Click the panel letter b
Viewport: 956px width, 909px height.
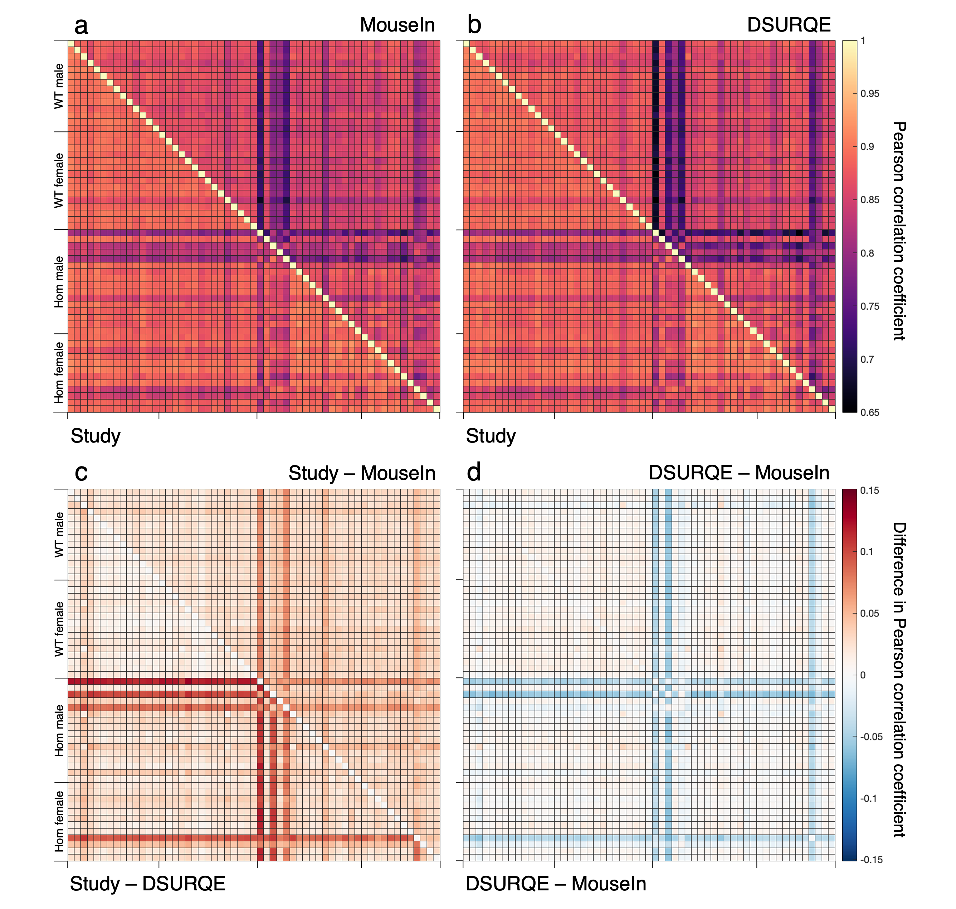[474, 25]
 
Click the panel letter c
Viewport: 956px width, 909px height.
[81, 473]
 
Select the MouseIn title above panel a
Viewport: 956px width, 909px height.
[397, 25]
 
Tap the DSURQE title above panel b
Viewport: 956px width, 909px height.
[789, 25]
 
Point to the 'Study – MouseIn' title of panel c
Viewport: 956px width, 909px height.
[362, 473]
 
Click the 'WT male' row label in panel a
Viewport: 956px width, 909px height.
[59, 86]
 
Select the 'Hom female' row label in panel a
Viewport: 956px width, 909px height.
[59, 372]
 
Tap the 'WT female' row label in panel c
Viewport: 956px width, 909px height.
[59, 629]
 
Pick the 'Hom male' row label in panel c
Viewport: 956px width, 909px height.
[59, 730]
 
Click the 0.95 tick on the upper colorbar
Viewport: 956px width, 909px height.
[869, 93]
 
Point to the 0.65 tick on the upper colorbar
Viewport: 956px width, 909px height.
[869, 413]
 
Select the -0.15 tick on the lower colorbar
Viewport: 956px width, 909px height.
[871, 860]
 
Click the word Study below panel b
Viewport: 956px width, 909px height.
[491, 436]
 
